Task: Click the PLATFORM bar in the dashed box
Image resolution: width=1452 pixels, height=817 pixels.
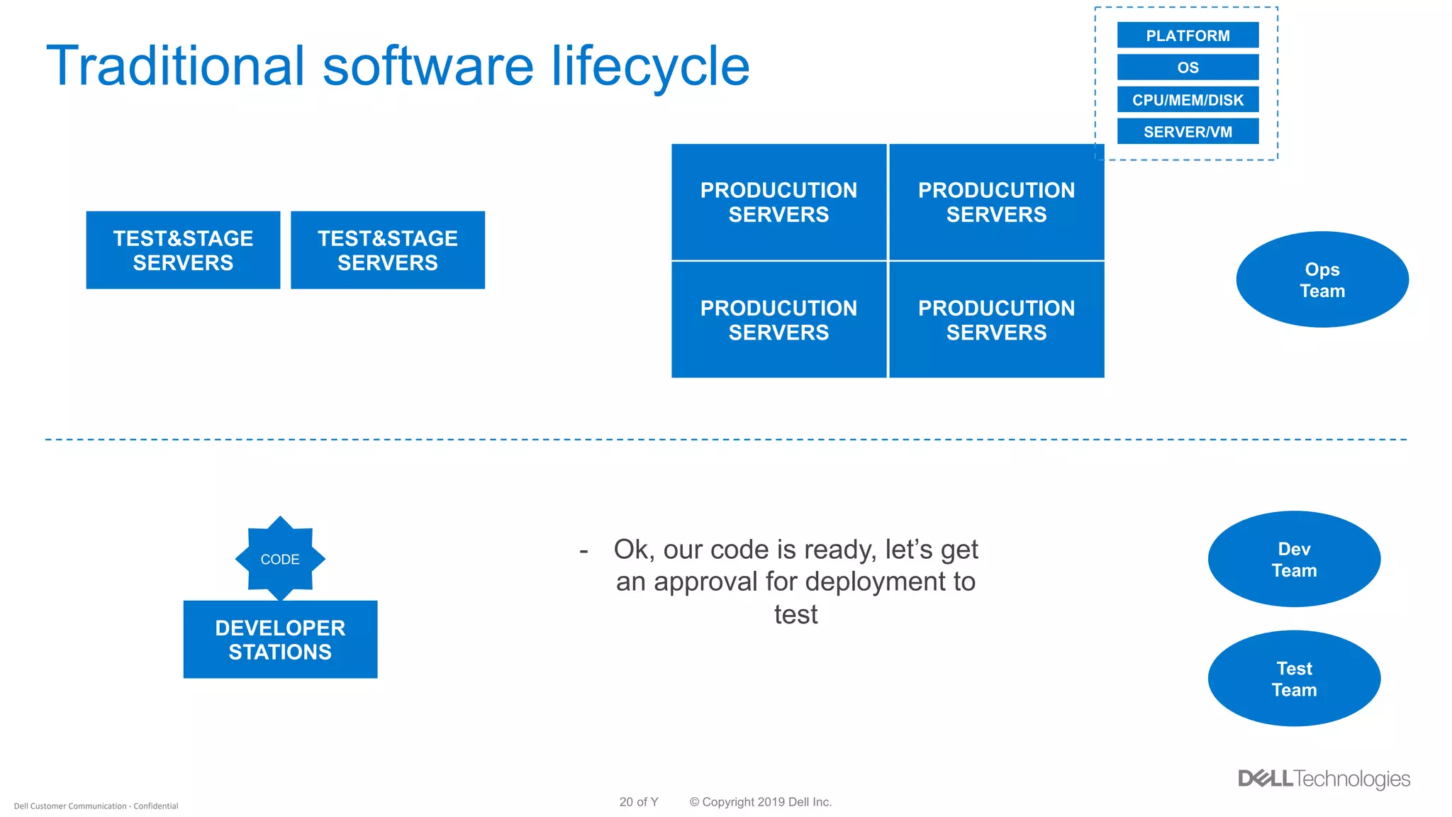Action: [x=1188, y=35]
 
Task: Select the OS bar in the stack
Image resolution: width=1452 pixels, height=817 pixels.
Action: [x=1188, y=67]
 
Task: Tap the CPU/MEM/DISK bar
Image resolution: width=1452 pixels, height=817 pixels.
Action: [x=1188, y=100]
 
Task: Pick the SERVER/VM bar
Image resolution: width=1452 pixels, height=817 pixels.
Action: [x=1188, y=132]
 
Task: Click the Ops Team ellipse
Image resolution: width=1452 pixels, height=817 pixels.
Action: [x=1322, y=279]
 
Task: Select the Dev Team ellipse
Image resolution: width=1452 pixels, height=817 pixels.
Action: [x=1293, y=559]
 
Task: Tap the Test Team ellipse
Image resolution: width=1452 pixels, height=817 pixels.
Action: [x=1293, y=679]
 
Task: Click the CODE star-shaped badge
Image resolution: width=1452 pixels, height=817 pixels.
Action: [x=280, y=559]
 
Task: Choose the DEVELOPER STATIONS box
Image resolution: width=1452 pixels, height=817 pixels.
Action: [x=280, y=640]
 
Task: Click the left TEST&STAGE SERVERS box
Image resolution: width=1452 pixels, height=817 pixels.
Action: [x=183, y=250]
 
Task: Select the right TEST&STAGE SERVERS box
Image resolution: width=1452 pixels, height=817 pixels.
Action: [x=387, y=250]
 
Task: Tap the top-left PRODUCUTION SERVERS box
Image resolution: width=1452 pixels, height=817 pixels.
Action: [x=778, y=202]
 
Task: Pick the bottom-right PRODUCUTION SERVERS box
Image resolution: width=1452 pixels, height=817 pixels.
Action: [x=996, y=320]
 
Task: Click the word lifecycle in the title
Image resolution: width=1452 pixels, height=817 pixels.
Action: [x=650, y=66]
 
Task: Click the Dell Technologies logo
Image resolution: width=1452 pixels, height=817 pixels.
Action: [x=1323, y=779]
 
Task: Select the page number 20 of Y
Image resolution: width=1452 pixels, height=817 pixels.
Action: [x=638, y=802]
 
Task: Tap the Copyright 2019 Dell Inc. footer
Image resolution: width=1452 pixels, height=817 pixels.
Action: [x=760, y=802]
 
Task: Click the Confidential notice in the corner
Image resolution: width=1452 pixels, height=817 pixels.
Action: [x=96, y=806]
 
